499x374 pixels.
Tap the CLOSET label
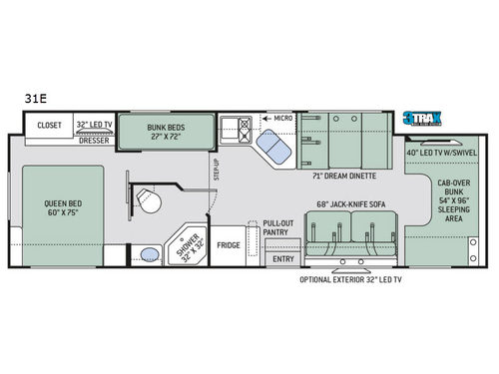[x=51, y=126]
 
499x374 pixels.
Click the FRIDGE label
[x=229, y=243]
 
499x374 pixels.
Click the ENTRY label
[x=283, y=259]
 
